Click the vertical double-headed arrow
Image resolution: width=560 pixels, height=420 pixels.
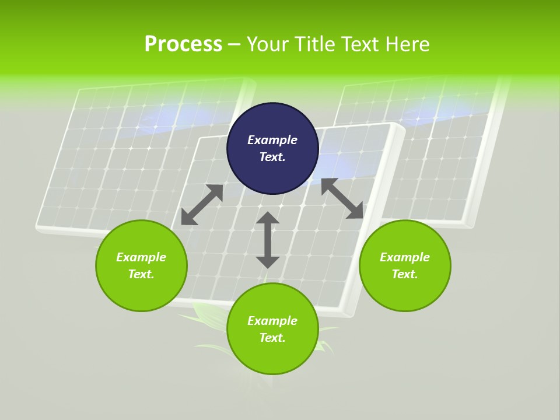[x=268, y=240]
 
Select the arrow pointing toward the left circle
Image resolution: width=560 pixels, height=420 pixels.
[x=202, y=205]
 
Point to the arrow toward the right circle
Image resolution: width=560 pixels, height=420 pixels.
[x=342, y=199]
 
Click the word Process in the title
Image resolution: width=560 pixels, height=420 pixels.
[x=183, y=44]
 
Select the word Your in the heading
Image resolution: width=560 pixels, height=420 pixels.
[x=268, y=44]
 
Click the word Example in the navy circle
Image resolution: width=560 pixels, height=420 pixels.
[x=272, y=140]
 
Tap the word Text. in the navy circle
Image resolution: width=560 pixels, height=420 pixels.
[x=272, y=157]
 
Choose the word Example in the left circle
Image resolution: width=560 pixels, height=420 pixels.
[x=141, y=257]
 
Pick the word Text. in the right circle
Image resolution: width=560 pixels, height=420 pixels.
[x=405, y=274]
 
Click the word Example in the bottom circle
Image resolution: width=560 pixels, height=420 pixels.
[x=272, y=321]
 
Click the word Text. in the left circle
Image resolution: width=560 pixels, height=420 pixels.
[x=141, y=274]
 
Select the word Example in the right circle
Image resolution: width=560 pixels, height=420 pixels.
[x=405, y=257]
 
